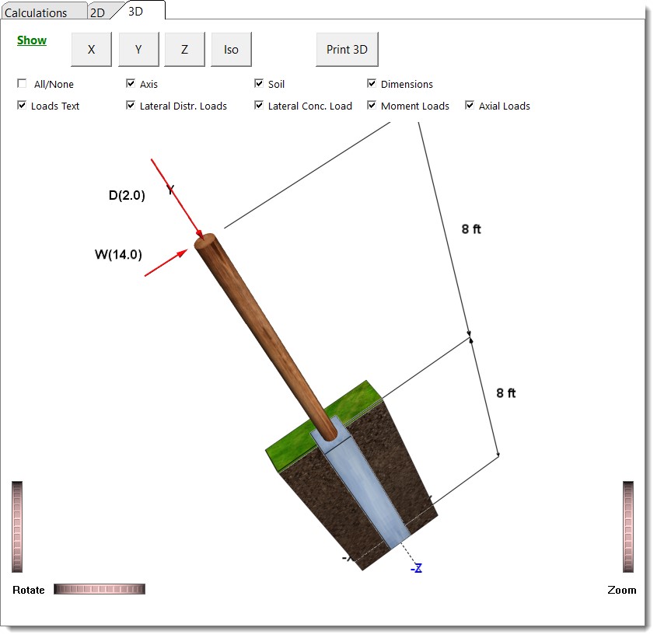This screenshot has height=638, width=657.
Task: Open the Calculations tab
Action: coord(36,12)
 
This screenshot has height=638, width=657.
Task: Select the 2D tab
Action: coord(97,12)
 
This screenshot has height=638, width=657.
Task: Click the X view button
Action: coord(91,50)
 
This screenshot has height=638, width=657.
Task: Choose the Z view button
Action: coord(184,50)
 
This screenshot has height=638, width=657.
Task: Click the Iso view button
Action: coord(231,50)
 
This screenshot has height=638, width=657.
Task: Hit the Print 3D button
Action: coord(347,50)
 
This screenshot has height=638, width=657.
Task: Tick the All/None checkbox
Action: coord(22,84)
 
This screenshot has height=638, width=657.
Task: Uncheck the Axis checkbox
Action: coord(131,84)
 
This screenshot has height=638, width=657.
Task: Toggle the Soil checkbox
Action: coord(259,84)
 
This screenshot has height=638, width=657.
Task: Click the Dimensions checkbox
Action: coord(372,84)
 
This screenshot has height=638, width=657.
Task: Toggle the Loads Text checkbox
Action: coord(22,106)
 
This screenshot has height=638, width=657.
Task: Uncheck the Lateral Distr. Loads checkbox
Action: coord(131,106)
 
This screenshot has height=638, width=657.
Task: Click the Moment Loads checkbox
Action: coord(372,106)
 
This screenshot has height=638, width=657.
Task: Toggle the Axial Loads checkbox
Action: coord(470,106)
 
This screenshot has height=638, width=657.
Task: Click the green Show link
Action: coord(32,40)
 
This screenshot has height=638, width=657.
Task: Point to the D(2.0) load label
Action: coord(127,196)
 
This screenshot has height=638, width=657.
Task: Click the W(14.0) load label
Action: coord(118,253)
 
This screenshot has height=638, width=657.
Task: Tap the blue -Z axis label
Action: coord(417,568)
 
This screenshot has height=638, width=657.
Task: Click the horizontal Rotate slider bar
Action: coord(100,589)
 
